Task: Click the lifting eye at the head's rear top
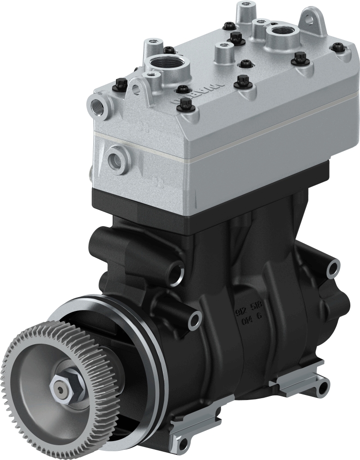point(312,20)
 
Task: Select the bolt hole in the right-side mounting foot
point(321,387)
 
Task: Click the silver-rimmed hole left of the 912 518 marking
point(195,317)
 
